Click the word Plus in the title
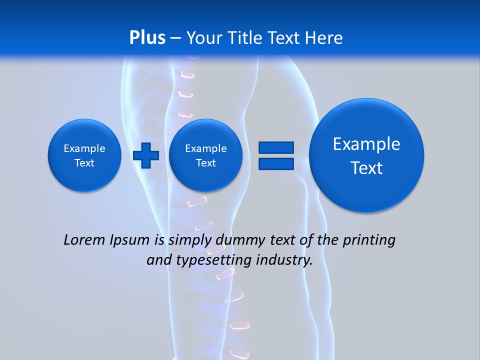click(x=147, y=38)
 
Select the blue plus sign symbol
click(x=146, y=155)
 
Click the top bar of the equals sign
click(x=276, y=147)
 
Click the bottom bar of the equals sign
click(x=276, y=163)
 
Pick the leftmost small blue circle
click(x=84, y=155)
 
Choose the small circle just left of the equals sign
click(x=205, y=155)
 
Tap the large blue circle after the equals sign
click(x=366, y=155)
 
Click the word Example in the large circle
click(x=366, y=144)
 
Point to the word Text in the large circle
click(x=366, y=168)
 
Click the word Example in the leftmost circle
click(x=84, y=148)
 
